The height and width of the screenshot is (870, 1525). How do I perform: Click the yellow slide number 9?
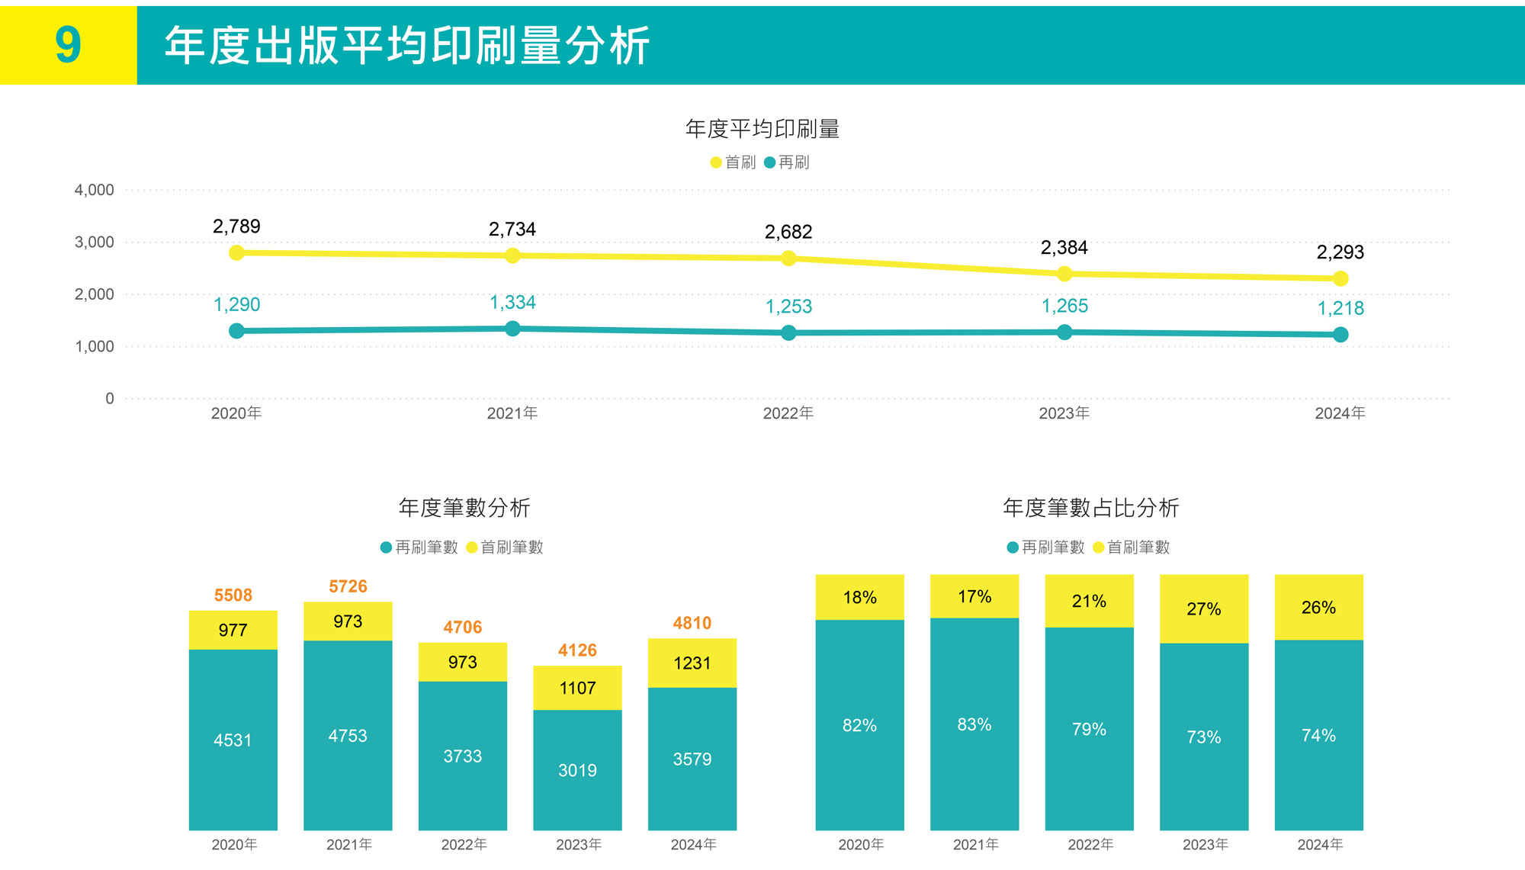[68, 44]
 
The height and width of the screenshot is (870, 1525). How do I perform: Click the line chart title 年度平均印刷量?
[762, 129]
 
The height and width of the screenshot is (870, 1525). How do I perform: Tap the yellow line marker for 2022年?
[788, 258]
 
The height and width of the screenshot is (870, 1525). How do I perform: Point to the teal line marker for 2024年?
[1340, 335]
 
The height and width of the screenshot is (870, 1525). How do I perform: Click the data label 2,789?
[236, 226]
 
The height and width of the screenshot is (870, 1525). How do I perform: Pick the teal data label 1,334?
[512, 303]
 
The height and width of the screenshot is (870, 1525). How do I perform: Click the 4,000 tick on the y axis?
[94, 190]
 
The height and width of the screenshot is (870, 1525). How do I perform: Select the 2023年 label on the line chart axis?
[1064, 413]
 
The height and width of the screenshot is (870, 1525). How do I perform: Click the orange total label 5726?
[348, 586]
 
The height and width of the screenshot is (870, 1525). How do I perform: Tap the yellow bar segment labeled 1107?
[577, 688]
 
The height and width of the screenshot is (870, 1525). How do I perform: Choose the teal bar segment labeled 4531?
[233, 740]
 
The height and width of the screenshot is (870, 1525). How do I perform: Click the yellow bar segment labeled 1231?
[692, 663]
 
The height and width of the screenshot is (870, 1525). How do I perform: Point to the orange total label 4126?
[577, 650]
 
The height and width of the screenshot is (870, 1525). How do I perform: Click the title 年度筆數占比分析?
[1090, 508]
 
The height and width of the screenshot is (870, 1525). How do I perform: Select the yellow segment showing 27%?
[1203, 609]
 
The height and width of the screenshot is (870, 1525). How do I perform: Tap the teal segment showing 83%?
[974, 724]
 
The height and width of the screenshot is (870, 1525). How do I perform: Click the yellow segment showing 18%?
[859, 598]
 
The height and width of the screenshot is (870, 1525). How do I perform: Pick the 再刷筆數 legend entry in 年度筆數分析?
[419, 547]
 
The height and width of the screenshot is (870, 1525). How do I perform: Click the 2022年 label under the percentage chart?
[1090, 845]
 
